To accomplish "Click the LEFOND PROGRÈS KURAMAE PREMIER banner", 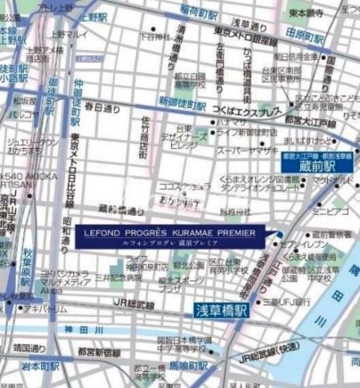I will click(x=168, y=235).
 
